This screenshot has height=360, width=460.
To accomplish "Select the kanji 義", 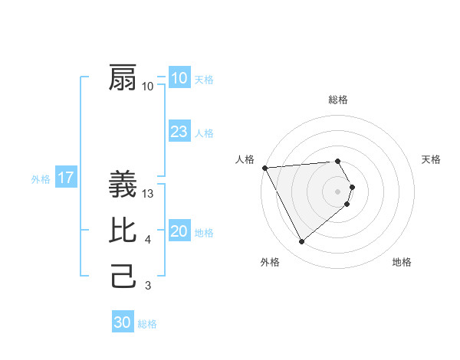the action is [x=123, y=186].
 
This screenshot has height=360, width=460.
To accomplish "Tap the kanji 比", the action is [x=123, y=231].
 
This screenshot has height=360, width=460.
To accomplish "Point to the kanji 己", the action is [x=123, y=276].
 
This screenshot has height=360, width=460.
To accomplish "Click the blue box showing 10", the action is [x=179, y=78].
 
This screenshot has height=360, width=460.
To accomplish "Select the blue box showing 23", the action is [x=179, y=132].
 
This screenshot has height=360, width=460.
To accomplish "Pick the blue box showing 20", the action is [x=179, y=231].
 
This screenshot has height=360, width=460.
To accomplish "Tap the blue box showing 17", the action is [x=66, y=178].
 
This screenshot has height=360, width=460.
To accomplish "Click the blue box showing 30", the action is [x=122, y=322].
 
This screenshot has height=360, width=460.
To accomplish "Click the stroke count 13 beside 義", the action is [x=149, y=194].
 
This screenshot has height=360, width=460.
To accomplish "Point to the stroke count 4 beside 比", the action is [x=147, y=240].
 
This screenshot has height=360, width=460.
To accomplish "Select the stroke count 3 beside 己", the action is [x=147, y=286].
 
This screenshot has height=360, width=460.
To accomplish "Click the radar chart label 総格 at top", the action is [x=338, y=100].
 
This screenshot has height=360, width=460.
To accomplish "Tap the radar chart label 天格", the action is [x=431, y=159].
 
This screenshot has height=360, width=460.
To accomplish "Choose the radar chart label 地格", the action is [x=402, y=262].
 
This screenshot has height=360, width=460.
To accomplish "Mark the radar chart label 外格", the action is [x=270, y=262].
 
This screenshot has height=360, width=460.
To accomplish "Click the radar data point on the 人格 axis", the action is [x=264, y=167].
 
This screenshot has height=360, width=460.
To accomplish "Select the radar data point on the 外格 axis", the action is [x=301, y=242].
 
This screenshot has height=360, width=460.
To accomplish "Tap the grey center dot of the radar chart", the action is [x=338, y=191].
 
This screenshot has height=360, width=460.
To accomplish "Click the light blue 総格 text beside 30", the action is [x=147, y=324].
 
